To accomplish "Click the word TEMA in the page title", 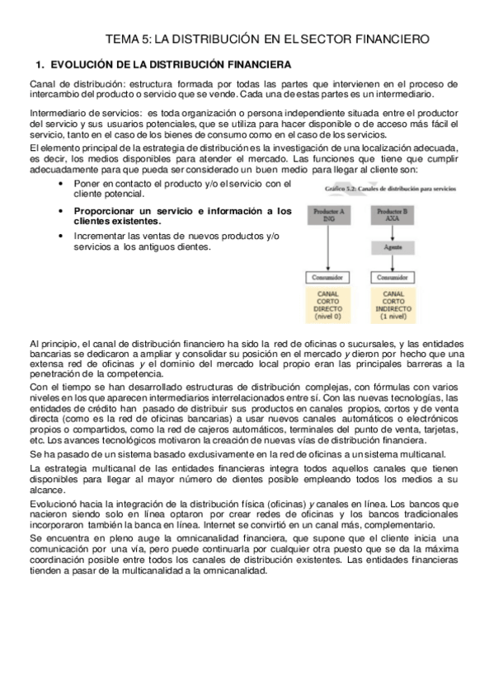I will pos(125,39).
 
